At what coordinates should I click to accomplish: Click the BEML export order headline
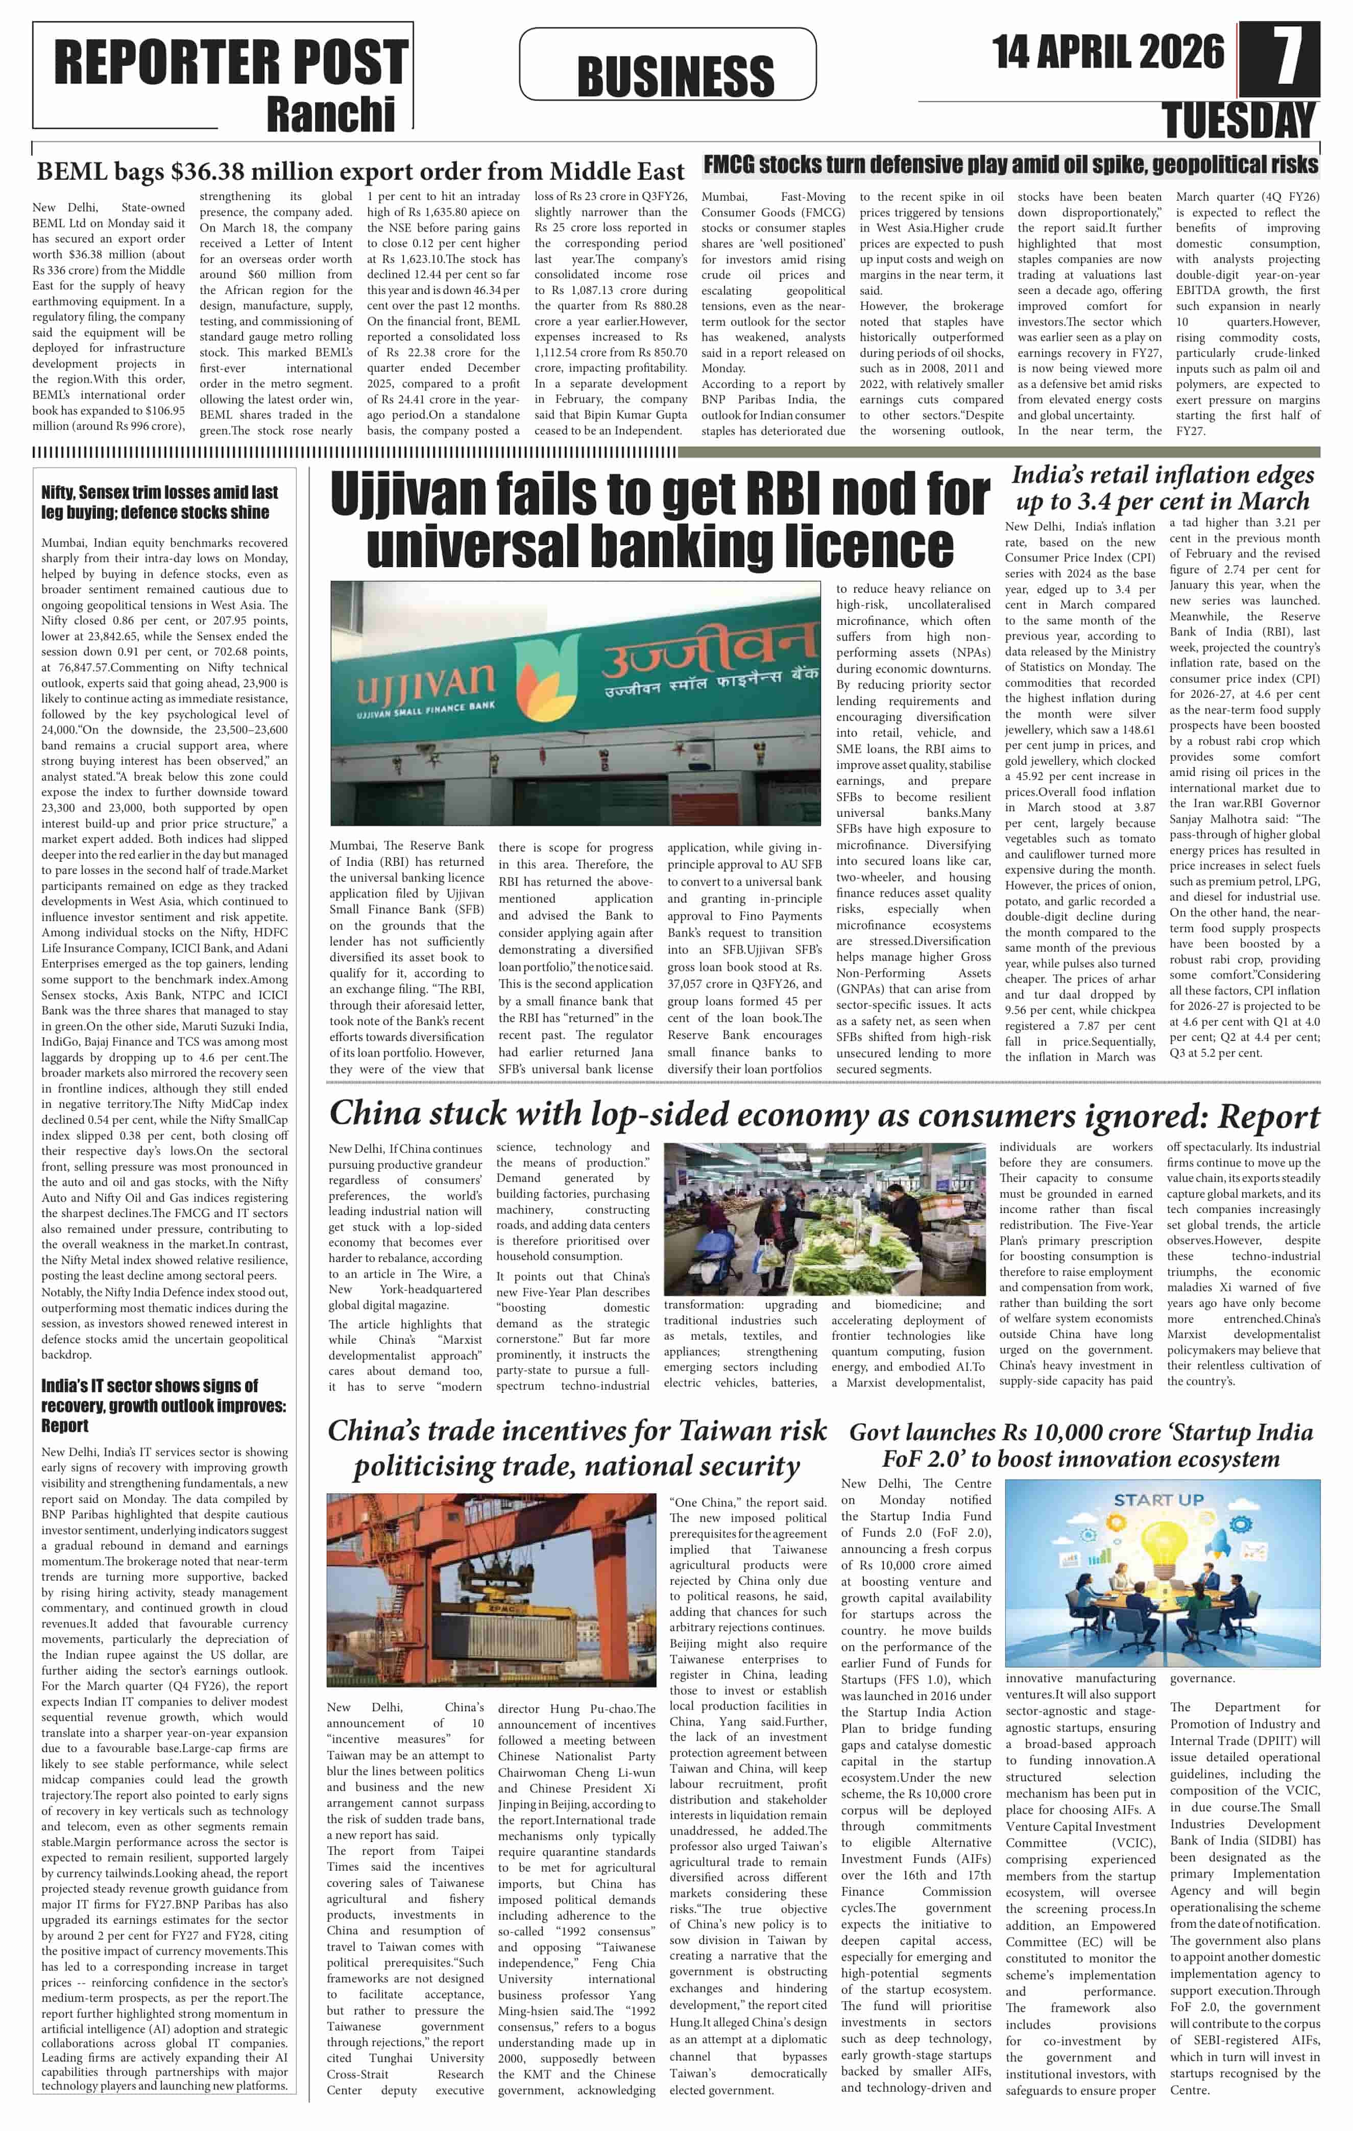point(360,171)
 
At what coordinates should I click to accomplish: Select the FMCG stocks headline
point(1010,164)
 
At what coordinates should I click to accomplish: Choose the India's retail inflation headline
point(1162,488)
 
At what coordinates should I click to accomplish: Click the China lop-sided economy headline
point(824,1115)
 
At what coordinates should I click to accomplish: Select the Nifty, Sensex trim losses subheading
point(159,502)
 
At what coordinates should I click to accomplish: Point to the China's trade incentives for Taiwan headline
point(577,1448)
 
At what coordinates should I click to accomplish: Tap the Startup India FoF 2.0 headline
point(1080,1445)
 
